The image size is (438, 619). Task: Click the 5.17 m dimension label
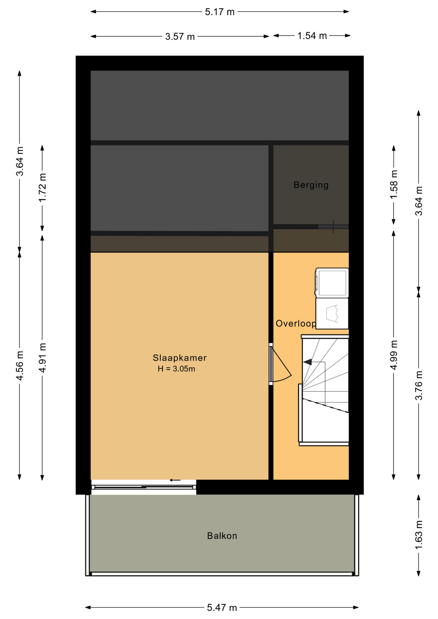pos(220,12)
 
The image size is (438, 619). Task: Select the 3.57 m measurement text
pos(180,37)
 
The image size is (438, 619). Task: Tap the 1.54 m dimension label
pos(312,36)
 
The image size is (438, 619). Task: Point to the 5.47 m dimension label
pos(222,608)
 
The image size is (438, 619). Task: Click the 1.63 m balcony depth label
pos(418,535)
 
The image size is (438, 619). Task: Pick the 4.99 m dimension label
pos(393,355)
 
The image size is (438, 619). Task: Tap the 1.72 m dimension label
pos(42,188)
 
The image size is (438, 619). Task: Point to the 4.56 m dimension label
pos(20,366)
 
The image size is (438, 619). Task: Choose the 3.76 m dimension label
pos(418,386)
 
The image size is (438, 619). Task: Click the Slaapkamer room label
pos(180,358)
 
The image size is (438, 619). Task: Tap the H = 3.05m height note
pos(176,369)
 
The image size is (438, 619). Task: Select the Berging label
pos(311,185)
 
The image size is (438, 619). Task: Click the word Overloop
pos(296,324)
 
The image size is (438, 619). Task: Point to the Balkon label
pos(222,536)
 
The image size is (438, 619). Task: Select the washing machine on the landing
pos(332,314)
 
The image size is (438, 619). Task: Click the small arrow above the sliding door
pos(175,480)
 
